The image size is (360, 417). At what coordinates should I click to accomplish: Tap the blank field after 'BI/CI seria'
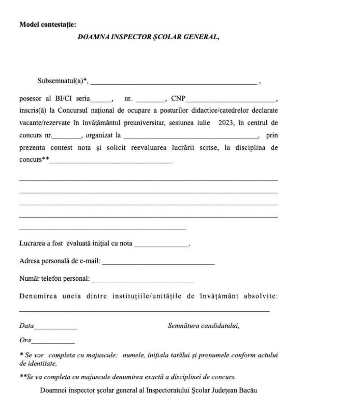(x=101, y=100)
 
